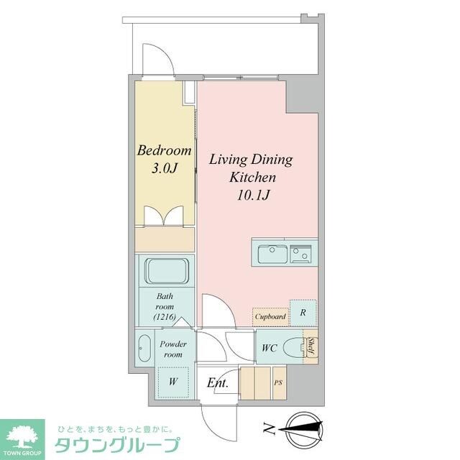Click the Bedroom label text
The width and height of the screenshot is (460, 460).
coord(165,151)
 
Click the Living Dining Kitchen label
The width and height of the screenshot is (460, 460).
coord(251,167)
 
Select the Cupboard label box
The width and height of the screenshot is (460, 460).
coord(270,316)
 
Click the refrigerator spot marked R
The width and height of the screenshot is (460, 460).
coord(303,313)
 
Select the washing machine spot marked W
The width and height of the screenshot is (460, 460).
coord(172,382)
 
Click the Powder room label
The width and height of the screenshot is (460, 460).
coord(173,349)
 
